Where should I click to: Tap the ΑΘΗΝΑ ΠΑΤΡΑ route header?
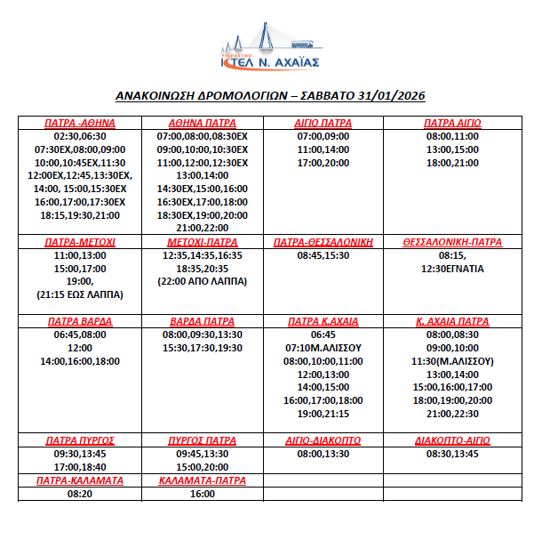coord(202,123)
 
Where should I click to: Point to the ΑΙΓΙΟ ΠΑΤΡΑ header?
coord(323,123)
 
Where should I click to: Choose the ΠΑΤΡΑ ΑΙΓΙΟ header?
coord(452,123)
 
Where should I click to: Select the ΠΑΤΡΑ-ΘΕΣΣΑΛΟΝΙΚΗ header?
coord(323,242)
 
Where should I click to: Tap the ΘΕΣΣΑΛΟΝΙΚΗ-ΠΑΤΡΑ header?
coord(452,242)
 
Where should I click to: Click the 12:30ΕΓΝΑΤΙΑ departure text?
coord(452,268)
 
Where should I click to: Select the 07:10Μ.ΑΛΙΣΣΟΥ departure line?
coord(323,348)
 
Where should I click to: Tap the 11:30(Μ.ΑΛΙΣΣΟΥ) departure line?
coord(452,361)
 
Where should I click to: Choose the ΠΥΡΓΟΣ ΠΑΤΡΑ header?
coord(202,440)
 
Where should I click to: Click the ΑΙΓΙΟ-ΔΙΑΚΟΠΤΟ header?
coord(323,440)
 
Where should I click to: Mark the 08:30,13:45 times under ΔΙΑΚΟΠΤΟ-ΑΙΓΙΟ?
coord(452,454)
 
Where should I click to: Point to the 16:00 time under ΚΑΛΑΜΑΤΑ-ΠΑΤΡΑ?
coord(202,494)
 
